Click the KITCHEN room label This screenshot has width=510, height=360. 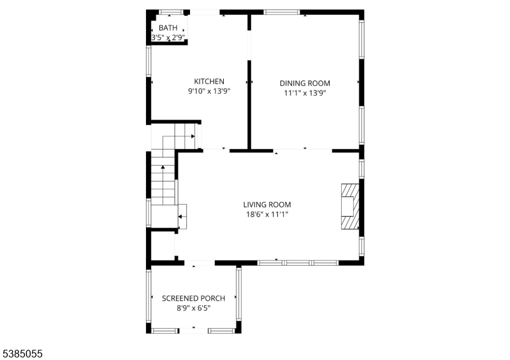pyautogui.click(x=209, y=82)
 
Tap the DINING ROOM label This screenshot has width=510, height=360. pyautogui.click(x=305, y=83)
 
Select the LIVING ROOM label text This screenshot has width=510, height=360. pyautogui.click(x=267, y=205)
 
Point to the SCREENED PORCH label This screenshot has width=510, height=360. pyautogui.click(x=194, y=298)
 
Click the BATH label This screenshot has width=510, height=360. pyautogui.click(x=168, y=28)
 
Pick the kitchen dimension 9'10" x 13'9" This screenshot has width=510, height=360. pyautogui.click(x=209, y=91)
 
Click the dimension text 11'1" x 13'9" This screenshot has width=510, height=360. pyautogui.click(x=305, y=93)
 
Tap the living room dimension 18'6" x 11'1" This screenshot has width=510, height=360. pyautogui.click(x=267, y=214)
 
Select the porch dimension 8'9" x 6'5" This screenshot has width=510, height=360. pyautogui.click(x=194, y=308)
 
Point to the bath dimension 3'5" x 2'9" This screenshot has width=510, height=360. pyautogui.click(x=168, y=38)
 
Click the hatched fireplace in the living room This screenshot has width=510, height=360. pyautogui.click(x=350, y=206)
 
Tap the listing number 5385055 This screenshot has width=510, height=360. pyautogui.click(x=22, y=354)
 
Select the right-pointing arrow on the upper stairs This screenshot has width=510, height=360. pyautogui.click(x=193, y=136)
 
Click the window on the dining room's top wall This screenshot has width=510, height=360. pyautogui.click(x=281, y=12)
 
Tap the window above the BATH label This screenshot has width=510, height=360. pyautogui.click(x=171, y=12)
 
